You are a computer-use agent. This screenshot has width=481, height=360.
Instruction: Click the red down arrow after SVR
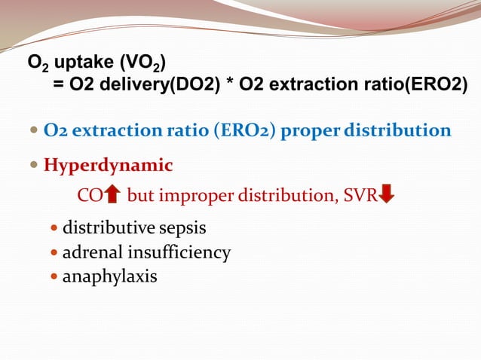point(387,196)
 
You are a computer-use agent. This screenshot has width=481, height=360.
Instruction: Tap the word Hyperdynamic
point(108,165)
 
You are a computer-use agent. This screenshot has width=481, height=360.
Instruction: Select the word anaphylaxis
point(109,276)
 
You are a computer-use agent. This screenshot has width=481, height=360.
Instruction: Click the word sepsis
point(180,227)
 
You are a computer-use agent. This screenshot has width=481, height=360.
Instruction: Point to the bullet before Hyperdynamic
point(35,165)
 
